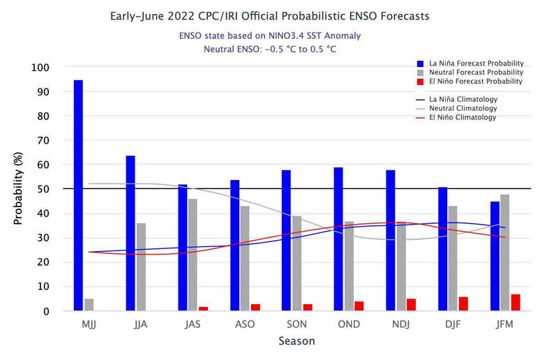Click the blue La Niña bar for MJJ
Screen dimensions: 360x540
coord(78,195)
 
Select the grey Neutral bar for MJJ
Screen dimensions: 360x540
coord(89,305)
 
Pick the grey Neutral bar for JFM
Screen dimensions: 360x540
coord(505,253)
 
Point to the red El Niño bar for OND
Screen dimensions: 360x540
coord(359,306)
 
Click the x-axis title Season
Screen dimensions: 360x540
coord(297,341)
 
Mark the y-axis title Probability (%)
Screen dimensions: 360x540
coord(19,189)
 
